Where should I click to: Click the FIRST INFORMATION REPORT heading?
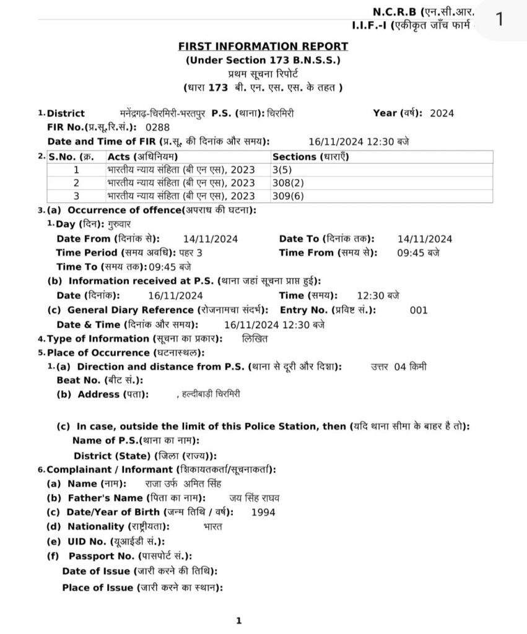[x=263, y=46]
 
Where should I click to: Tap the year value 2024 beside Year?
[x=442, y=113]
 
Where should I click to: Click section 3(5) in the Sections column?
[x=281, y=169]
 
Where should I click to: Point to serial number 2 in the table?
[x=77, y=183]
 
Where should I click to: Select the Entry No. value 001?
[x=419, y=310]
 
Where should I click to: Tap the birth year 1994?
[x=264, y=512]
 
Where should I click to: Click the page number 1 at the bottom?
[x=238, y=620]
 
